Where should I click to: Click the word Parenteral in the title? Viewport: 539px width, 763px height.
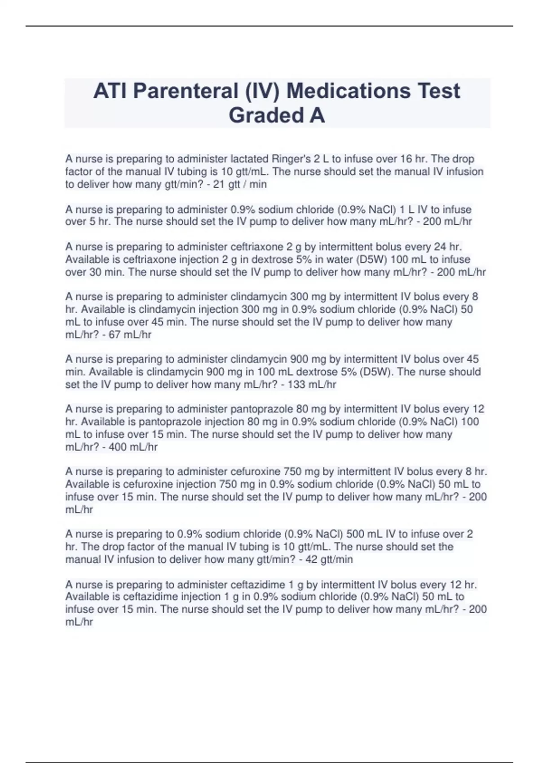(x=186, y=91)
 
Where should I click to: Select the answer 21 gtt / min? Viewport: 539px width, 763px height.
(x=240, y=184)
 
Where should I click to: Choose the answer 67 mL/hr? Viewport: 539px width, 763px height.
(x=130, y=334)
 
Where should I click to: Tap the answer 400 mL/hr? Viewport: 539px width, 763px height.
(x=133, y=447)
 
